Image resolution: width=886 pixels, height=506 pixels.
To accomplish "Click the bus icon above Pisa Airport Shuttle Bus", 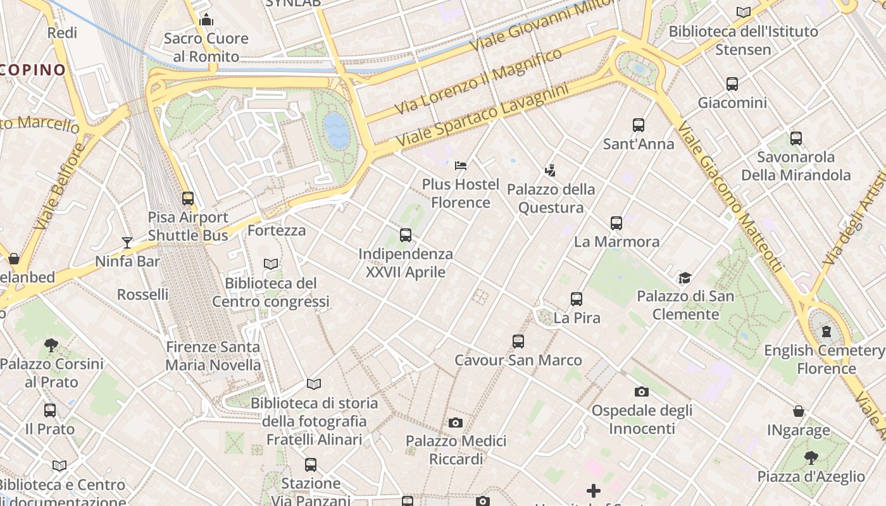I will [188, 198].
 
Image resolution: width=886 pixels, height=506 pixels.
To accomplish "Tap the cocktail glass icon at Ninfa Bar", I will [127, 242].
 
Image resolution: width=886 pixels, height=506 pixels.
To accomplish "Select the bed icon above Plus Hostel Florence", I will [461, 166].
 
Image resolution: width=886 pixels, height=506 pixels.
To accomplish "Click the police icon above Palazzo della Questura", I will [551, 170].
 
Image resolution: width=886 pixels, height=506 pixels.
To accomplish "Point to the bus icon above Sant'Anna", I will [639, 125].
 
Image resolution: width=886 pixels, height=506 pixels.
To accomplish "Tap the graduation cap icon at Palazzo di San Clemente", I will [685, 278].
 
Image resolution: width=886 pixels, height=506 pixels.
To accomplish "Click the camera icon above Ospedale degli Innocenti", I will [642, 392].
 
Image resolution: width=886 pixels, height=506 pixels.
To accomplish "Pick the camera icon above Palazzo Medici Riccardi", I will [456, 423].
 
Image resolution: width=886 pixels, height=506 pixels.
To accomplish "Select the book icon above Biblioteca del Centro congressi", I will [271, 264].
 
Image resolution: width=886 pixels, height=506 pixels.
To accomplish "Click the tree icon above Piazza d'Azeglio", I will [811, 457].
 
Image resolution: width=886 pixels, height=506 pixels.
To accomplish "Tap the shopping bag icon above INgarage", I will [799, 412].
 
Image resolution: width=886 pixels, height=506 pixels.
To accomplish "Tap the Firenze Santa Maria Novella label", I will [213, 355].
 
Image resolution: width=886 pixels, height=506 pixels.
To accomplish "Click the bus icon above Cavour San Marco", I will [518, 342].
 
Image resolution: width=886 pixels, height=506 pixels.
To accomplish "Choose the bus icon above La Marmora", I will [616, 223].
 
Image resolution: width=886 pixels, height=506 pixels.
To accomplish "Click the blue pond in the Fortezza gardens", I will [336, 131].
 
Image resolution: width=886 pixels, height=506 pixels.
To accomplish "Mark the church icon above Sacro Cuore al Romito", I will [206, 20].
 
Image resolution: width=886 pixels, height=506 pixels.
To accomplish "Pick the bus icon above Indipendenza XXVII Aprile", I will [406, 235].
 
